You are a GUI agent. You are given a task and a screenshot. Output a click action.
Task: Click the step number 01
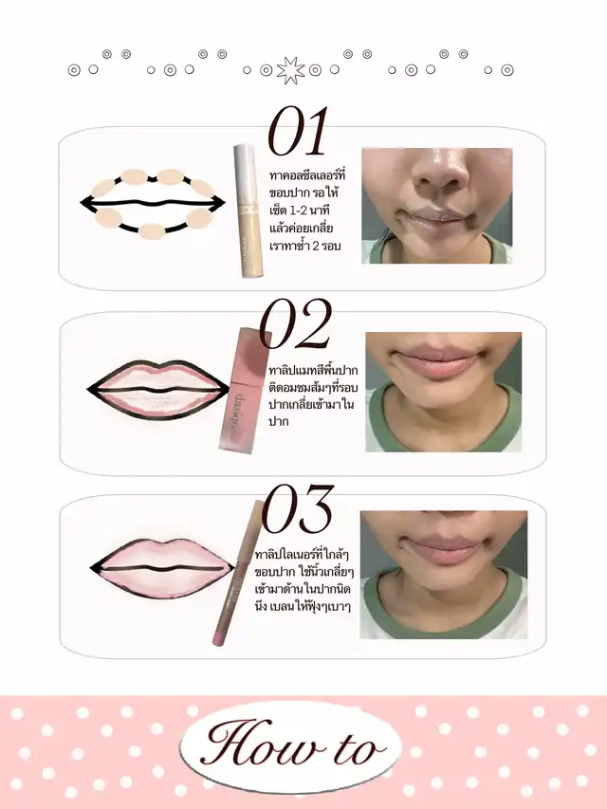pyautogui.click(x=298, y=131)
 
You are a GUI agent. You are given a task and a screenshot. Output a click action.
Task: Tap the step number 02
pyautogui.click(x=295, y=323)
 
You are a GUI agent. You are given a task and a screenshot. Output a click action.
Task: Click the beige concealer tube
pyautogui.click(x=248, y=211)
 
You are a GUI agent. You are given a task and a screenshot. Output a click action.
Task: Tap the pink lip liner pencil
pyautogui.click(x=238, y=573)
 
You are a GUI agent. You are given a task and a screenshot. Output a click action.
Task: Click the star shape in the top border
pyautogui.click(x=290, y=70)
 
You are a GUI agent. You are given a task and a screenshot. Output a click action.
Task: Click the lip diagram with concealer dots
pyautogui.click(x=153, y=203)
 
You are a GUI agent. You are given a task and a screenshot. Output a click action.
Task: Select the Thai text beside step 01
pyautogui.click(x=307, y=211)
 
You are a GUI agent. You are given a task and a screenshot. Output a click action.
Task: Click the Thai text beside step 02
pyautogui.click(x=313, y=395)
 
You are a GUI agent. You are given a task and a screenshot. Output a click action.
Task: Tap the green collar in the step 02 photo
pyautogui.click(x=444, y=423)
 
